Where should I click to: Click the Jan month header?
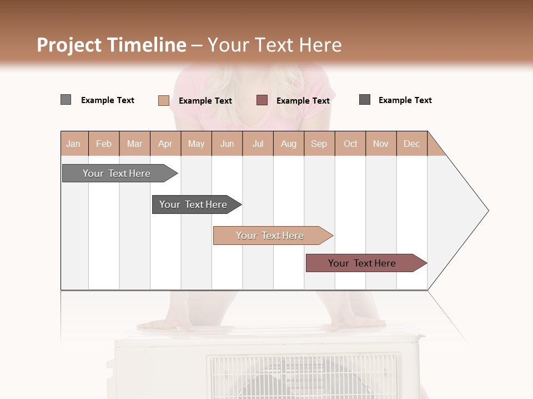point(74,144)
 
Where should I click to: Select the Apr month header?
point(165,144)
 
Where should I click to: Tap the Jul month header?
point(258,144)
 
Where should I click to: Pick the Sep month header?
point(319,144)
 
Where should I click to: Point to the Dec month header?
point(411,144)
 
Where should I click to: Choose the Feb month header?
point(104,144)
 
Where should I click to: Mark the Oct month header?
point(350,144)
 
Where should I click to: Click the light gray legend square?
point(66,100)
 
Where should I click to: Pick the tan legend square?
point(163,100)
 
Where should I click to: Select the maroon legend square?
point(262,100)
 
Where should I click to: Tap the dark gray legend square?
point(365,100)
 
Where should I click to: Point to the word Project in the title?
point(69,45)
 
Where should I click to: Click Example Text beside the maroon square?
point(303,101)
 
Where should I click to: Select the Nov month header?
point(381,144)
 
